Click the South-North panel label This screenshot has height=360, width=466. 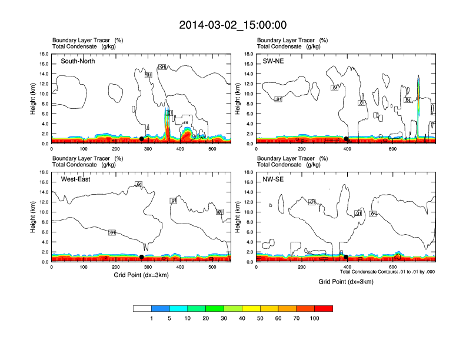pyautogui.click(x=78, y=61)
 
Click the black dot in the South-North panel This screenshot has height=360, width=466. pyautogui.click(x=141, y=139)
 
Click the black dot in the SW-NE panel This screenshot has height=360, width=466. pyautogui.click(x=347, y=139)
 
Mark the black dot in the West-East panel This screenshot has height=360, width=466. pyautogui.click(x=141, y=257)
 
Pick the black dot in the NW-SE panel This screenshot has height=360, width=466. pyautogui.click(x=346, y=257)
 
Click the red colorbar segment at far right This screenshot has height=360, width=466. pyautogui.click(x=324, y=308)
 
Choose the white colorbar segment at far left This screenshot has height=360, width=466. pyautogui.click(x=142, y=308)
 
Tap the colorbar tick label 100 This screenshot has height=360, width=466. pyautogui.click(x=315, y=318)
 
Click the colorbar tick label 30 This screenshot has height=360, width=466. pyautogui.click(x=224, y=318)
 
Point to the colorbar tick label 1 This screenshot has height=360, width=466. pyautogui.click(x=152, y=318)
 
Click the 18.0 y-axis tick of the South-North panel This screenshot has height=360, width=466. pyautogui.click(x=44, y=54)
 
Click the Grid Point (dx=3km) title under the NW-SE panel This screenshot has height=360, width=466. pyautogui.click(x=346, y=282)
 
